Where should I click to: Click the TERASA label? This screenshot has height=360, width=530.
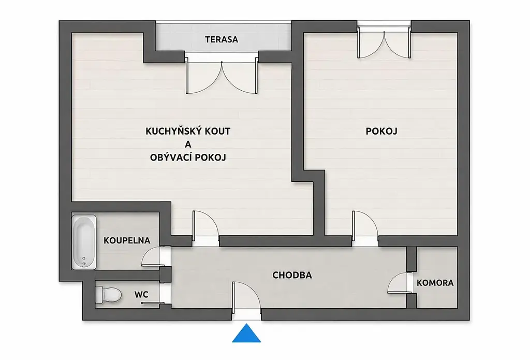coord(222,39)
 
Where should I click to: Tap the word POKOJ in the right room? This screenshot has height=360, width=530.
coord(381,131)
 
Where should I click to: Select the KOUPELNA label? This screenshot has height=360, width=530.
coord(127,240)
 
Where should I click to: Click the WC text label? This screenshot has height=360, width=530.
coord(141,295)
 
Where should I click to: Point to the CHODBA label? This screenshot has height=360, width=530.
coord(292,276)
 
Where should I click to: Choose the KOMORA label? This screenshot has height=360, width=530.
coord(435,283)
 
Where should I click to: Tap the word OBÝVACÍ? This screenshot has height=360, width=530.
coord(170,157)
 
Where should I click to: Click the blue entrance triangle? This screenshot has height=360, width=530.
coord(246,333)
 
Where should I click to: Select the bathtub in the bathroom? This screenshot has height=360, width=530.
coord(84,242)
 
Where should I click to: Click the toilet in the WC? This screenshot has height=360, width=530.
coord(108,295)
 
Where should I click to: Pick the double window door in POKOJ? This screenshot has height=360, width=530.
coord(385,44)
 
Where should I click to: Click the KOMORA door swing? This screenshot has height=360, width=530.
coord(398,283)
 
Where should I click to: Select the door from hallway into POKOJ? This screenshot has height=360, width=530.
coord(365,224)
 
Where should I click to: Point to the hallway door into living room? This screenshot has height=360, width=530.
coord(205,224)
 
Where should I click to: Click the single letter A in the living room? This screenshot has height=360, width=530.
coord(188,145)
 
